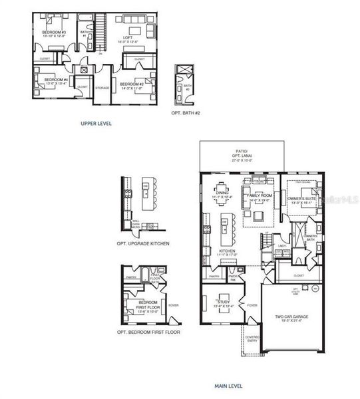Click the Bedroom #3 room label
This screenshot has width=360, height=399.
pos(54,34)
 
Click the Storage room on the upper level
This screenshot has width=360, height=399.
pos(102,87)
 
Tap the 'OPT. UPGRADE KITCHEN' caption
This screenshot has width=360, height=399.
pos(142,243)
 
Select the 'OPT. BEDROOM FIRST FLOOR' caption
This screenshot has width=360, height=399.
pos(148,331)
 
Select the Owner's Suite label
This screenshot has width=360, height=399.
pos(300,199)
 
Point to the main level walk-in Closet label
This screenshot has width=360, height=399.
pos(298,274)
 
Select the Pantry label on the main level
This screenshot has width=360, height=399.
pos(214,276)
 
